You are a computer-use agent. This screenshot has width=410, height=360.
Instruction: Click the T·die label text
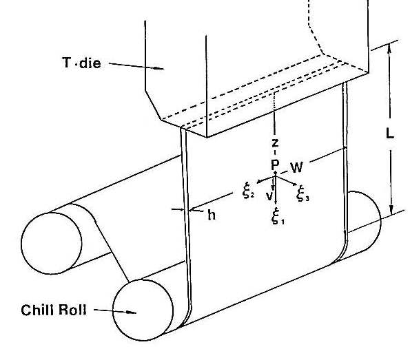[x=81, y=63]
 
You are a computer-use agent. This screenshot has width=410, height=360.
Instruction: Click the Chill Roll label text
[x=54, y=310]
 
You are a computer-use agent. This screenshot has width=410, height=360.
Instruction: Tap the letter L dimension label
[x=390, y=134]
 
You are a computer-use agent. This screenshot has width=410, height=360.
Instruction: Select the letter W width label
[x=296, y=167]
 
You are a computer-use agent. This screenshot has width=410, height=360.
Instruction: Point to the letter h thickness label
[x=212, y=215]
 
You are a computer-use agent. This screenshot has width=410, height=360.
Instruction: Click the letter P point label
[x=275, y=165]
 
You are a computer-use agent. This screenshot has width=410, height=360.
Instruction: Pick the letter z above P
[x=275, y=143]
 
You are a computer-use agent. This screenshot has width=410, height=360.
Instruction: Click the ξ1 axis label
[x=278, y=216]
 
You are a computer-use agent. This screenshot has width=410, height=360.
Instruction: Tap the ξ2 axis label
[x=247, y=192]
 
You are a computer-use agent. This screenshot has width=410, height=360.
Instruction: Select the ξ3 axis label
[x=303, y=194]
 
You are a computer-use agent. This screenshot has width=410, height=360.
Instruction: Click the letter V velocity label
[x=269, y=196]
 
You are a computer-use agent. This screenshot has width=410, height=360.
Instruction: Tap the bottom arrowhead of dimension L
[x=391, y=210]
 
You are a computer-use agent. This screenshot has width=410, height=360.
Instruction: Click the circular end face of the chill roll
[x=143, y=310]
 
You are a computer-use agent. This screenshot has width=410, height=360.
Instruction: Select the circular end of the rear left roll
[x=51, y=243]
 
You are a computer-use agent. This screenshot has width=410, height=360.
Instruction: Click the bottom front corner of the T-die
[x=207, y=137]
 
